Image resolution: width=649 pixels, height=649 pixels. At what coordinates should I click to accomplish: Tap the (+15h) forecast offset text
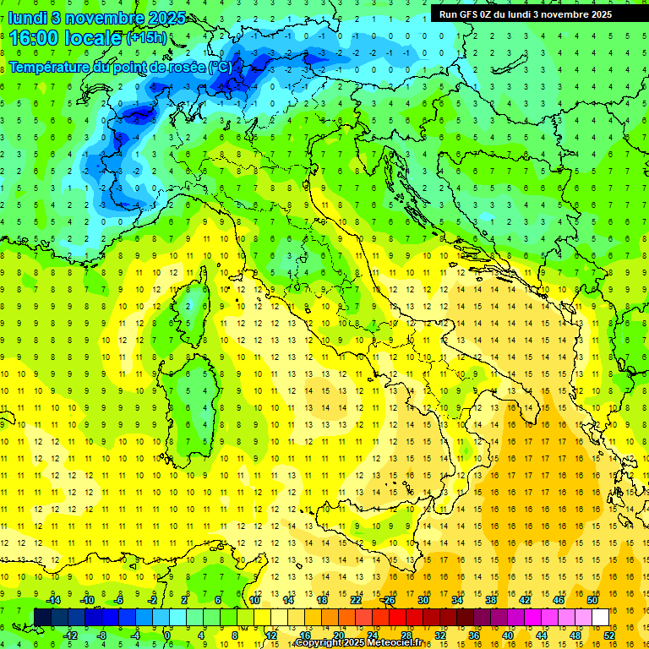tap(146, 38)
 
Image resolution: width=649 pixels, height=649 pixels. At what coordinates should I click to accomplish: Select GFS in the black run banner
tap(469, 14)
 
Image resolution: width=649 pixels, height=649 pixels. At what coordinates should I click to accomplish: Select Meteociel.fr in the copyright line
tap(400, 643)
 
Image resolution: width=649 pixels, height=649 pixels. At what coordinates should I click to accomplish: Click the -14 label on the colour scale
tap(52, 599)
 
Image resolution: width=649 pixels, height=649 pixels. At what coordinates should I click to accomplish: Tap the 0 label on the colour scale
tap(167, 635)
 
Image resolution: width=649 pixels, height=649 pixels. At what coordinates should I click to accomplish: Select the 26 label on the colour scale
tap(390, 599)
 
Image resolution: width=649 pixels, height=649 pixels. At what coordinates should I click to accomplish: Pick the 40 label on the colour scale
tap(508, 635)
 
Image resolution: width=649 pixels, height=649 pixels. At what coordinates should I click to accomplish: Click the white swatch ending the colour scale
tap(600, 617)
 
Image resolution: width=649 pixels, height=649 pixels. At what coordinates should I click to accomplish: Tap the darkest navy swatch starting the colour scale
tap(42, 617)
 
